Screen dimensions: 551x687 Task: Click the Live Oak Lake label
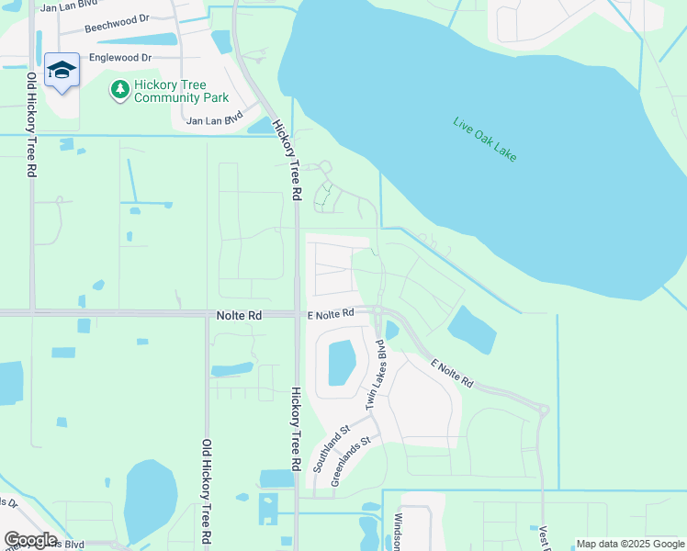click(485, 140)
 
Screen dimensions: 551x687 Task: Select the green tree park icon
click(119, 89)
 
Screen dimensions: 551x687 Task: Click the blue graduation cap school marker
click(62, 71)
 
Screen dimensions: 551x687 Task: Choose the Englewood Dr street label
click(119, 57)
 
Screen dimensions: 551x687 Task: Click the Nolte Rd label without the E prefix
click(239, 314)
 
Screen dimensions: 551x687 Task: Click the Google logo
click(29, 540)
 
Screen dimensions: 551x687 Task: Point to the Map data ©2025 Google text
click(630, 544)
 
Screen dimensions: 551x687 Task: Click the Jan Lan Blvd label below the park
click(213, 119)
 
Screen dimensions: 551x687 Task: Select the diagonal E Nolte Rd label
click(453, 371)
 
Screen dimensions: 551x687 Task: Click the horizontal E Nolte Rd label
click(331, 314)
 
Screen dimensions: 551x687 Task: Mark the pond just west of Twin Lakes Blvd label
click(341, 362)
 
